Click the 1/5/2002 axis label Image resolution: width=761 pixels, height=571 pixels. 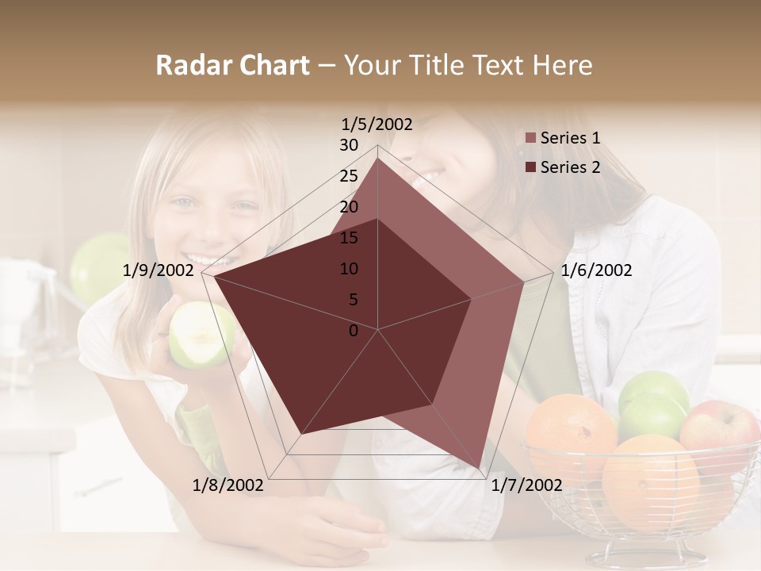coord(377,125)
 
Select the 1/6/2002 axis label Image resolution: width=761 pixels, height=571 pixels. coord(596,270)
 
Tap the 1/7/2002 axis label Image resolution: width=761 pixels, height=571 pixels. coord(526,485)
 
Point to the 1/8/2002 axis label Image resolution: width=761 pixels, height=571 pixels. coord(228,485)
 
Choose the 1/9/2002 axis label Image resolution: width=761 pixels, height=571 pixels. coord(158,270)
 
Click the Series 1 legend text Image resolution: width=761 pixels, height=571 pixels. coord(570,138)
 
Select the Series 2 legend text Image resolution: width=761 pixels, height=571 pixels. coord(570,167)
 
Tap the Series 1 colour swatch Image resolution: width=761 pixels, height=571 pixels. coord(530,138)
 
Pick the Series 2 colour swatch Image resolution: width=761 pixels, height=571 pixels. coord(530,167)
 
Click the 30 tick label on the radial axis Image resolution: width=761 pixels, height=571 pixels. coord(349,145)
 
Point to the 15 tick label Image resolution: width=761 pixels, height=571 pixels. coord(349,238)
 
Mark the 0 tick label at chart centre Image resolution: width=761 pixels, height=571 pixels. coord(354,331)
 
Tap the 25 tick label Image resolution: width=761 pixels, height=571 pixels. coord(349,176)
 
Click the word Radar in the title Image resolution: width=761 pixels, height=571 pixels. coord(191,66)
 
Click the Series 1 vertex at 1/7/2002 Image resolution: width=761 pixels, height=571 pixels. coord(479,468)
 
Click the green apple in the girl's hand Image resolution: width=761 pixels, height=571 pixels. coord(201,333)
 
